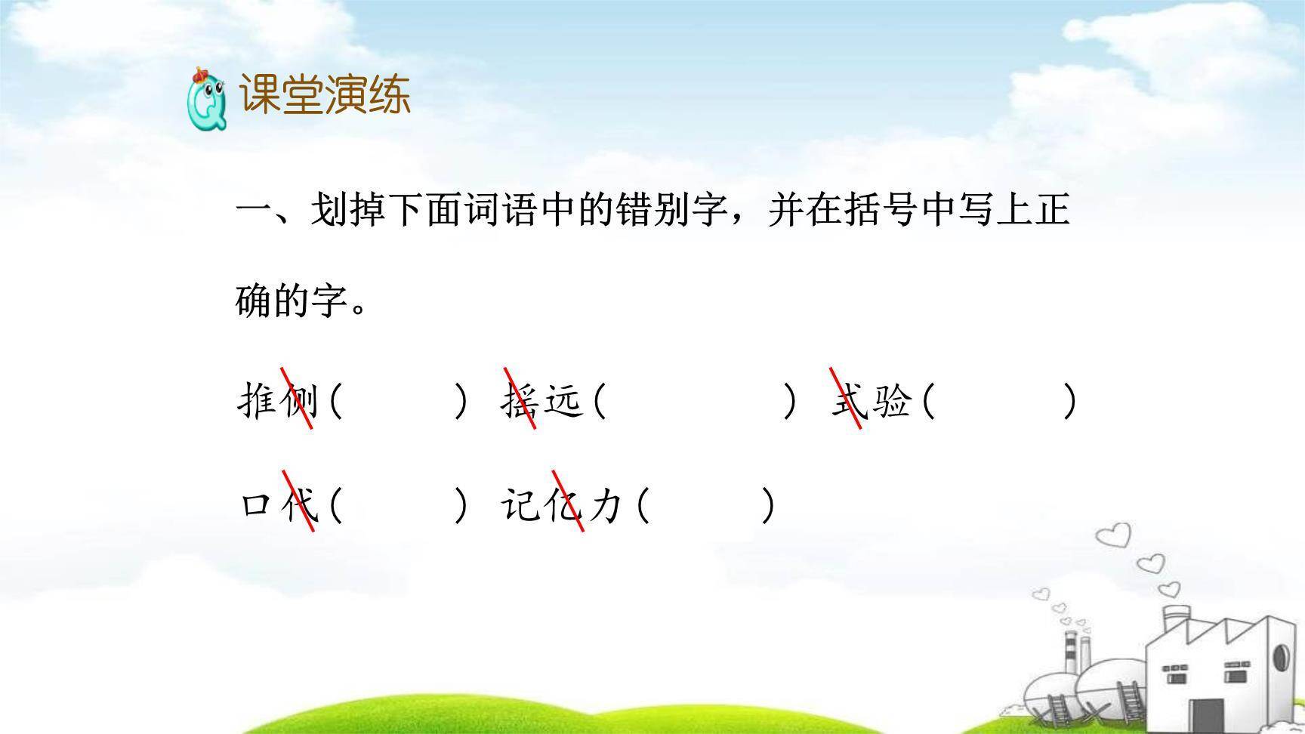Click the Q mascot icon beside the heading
pyautogui.click(x=205, y=99)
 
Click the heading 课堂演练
pyautogui.click(x=325, y=95)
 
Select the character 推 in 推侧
pyautogui.click(x=257, y=400)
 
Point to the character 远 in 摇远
pyautogui.click(x=563, y=400)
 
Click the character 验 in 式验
pyautogui.click(x=891, y=400)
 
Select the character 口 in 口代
pyautogui.click(x=257, y=504)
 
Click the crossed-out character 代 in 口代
pyautogui.click(x=299, y=504)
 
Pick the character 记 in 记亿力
pyautogui.click(x=520, y=504)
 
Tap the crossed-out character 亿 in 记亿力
pyautogui.click(x=564, y=504)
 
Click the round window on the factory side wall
pyautogui.click(x=1280, y=657)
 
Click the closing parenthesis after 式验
pyautogui.click(x=1069, y=401)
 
